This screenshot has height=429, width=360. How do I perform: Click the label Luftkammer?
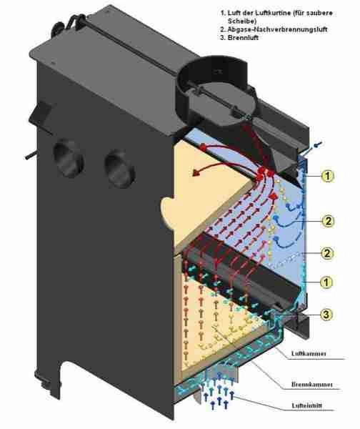point(309,353)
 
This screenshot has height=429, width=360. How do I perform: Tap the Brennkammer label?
point(312,385)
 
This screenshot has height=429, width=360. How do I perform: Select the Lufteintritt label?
point(307,405)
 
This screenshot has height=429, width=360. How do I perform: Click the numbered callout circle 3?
point(326,315)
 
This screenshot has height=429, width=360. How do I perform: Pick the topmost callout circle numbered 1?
point(328,176)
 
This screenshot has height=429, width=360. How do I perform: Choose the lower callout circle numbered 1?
point(326,282)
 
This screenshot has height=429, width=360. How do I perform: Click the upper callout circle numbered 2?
point(328,220)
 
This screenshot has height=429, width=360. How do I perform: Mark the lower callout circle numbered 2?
point(327,253)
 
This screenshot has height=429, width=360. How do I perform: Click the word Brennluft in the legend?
point(243,37)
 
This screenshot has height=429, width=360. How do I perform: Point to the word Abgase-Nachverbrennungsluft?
point(277,29)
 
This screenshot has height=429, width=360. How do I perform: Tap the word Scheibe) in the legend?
point(242,21)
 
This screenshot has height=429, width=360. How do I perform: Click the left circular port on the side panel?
point(69,159)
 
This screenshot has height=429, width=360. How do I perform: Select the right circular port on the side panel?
point(119,169)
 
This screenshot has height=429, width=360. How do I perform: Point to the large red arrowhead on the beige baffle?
point(196,172)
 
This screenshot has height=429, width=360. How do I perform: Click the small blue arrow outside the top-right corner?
point(318,144)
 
